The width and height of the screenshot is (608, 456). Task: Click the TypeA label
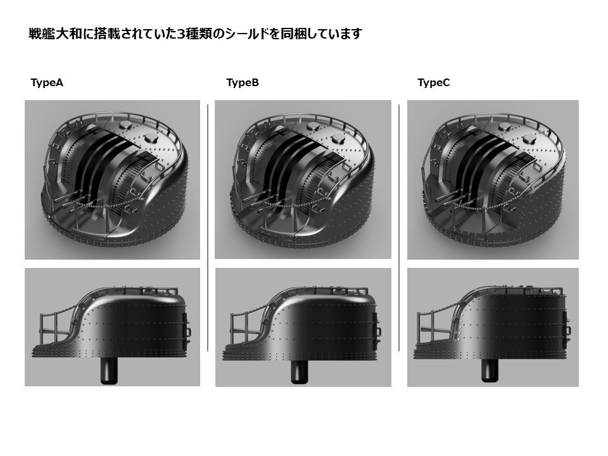click(47, 83)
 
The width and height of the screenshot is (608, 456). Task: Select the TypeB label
click(242, 83)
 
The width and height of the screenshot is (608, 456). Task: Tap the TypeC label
click(434, 83)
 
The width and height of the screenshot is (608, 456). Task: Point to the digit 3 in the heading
click(181, 34)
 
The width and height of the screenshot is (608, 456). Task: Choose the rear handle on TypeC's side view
click(568, 330)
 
